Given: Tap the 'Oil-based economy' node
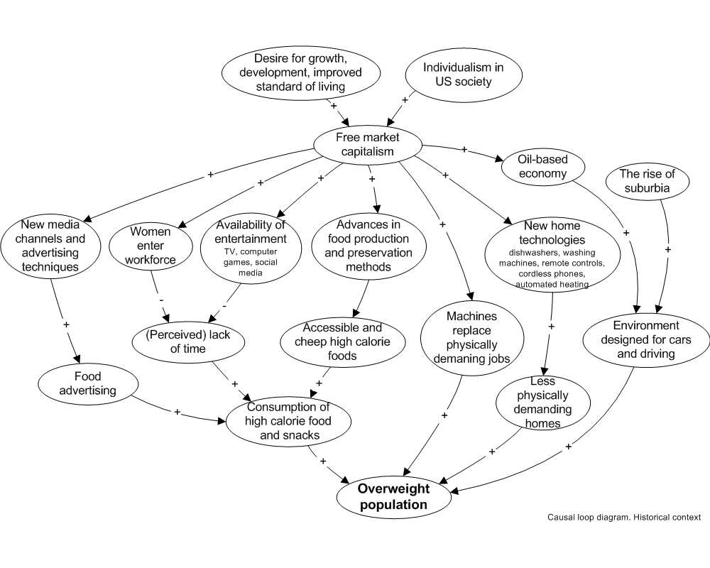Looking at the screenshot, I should coord(543,167).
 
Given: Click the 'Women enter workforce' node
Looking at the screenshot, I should coord(150,246).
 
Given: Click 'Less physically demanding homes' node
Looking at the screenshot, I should coord(542,403).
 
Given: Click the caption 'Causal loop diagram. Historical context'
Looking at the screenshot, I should coord(623,517).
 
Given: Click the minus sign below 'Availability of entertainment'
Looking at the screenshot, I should coord(224,305).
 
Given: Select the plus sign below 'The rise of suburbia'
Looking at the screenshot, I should coord(667,250).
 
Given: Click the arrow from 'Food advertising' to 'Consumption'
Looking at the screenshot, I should coord(177,413).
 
